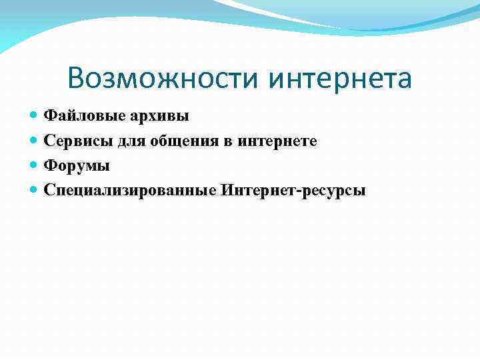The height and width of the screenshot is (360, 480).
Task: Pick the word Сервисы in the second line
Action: click(73, 141)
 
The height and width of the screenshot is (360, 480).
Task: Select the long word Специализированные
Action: click(129, 191)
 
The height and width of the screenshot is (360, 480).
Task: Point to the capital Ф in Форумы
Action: click(50, 166)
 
